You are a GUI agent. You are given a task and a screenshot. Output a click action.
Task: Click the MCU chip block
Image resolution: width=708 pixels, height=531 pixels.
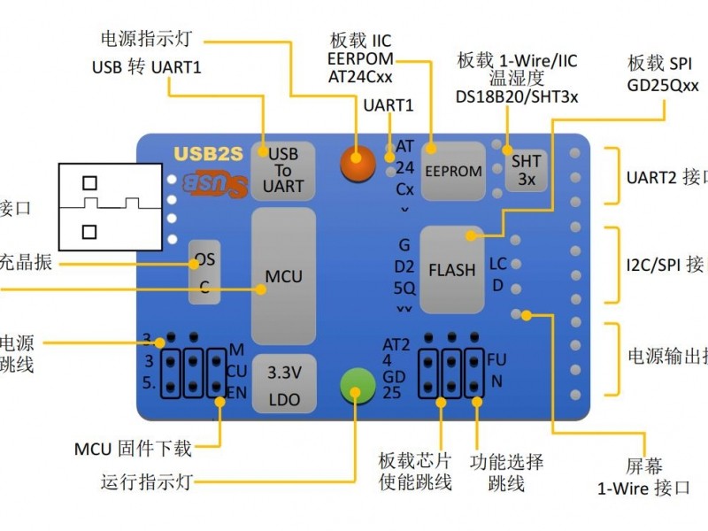tap(283, 276)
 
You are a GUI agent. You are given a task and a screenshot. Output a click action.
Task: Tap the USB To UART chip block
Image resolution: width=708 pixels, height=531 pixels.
tap(283, 170)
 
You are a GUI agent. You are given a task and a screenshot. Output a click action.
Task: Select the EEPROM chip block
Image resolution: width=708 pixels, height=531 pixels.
tap(452, 169)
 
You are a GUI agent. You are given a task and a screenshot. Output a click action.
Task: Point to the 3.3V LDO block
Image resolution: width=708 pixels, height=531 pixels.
tap(284, 385)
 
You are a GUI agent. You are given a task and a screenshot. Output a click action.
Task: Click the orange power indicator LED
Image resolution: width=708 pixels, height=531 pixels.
tap(355, 161)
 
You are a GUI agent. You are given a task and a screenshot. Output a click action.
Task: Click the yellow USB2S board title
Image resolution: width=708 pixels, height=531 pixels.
tap(208, 152)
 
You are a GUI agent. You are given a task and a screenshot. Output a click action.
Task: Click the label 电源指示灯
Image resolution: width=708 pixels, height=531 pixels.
tap(145, 39)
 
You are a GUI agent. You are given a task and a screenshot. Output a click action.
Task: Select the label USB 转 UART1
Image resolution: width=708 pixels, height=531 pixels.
tap(146, 67)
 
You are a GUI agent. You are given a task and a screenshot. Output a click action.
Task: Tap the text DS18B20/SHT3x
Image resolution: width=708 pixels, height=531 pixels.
tap(517, 97)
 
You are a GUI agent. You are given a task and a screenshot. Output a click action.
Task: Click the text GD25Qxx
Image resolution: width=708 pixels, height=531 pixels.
tap(663, 86)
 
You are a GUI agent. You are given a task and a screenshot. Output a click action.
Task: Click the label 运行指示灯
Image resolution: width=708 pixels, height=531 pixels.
tap(145, 482)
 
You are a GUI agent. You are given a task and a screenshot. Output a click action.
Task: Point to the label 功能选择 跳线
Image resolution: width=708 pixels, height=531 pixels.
tap(506, 473)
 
